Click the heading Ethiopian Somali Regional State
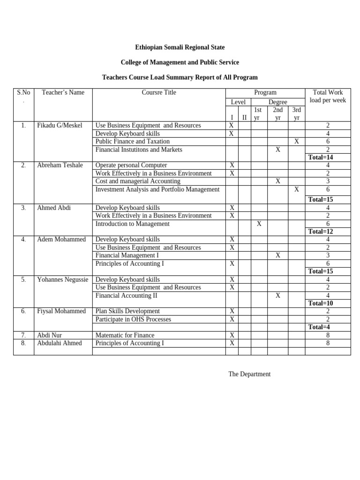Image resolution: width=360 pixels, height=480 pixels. (180, 47)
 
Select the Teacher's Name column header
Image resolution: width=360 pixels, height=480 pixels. (63, 92)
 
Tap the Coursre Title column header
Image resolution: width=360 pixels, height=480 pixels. (159, 92)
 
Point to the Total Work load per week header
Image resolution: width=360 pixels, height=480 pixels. (328, 97)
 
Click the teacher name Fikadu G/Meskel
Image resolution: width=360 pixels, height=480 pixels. (59, 126)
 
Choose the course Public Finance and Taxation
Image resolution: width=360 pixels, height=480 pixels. (132, 142)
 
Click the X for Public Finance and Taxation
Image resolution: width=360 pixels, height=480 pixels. (296, 142)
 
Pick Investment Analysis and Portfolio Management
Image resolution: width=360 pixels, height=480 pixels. (157, 189)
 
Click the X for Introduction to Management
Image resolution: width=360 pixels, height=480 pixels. (259, 224)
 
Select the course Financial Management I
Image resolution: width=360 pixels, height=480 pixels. (127, 255)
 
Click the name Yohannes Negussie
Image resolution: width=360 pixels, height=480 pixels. (62, 280)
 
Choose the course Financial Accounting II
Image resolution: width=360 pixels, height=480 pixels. (126, 296)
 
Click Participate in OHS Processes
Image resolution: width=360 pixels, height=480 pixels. (133, 320)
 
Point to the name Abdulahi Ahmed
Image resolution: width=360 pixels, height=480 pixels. (59, 343)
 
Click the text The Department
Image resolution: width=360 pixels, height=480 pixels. (249, 374)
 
